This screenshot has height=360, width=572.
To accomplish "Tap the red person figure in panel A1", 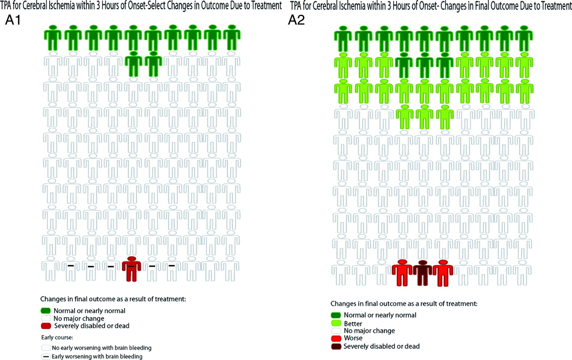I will pyautogui.click(x=131, y=269).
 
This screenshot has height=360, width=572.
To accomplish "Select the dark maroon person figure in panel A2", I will pyautogui.click(x=422, y=273).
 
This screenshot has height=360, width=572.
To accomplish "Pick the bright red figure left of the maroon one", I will pyautogui.click(x=402, y=273).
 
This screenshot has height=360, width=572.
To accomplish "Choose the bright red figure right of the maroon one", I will pyautogui.click(x=443, y=273).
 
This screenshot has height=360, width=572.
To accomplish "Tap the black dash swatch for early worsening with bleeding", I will pyautogui.click(x=46, y=356).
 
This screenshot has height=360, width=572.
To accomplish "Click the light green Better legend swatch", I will pyautogui.click(x=336, y=323).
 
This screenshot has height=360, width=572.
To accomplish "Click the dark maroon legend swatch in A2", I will pyautogui.click(x=336, y=346).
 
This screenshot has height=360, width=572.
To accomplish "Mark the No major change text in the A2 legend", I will pyautogui.click(x=369, y=331).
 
